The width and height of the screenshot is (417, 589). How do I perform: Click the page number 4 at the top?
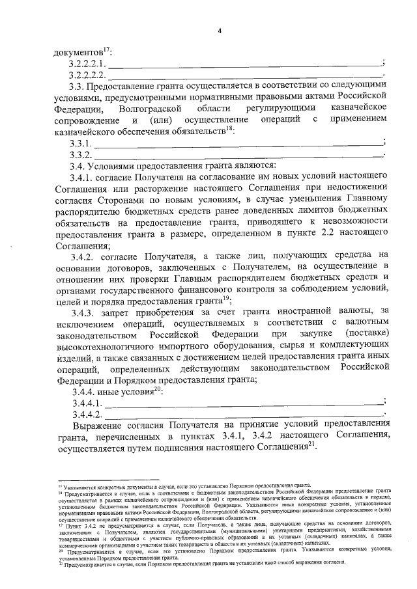(220, 31)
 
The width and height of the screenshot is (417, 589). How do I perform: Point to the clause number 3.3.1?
(80, 143)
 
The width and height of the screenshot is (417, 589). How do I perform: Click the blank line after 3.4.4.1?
(244, 407)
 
